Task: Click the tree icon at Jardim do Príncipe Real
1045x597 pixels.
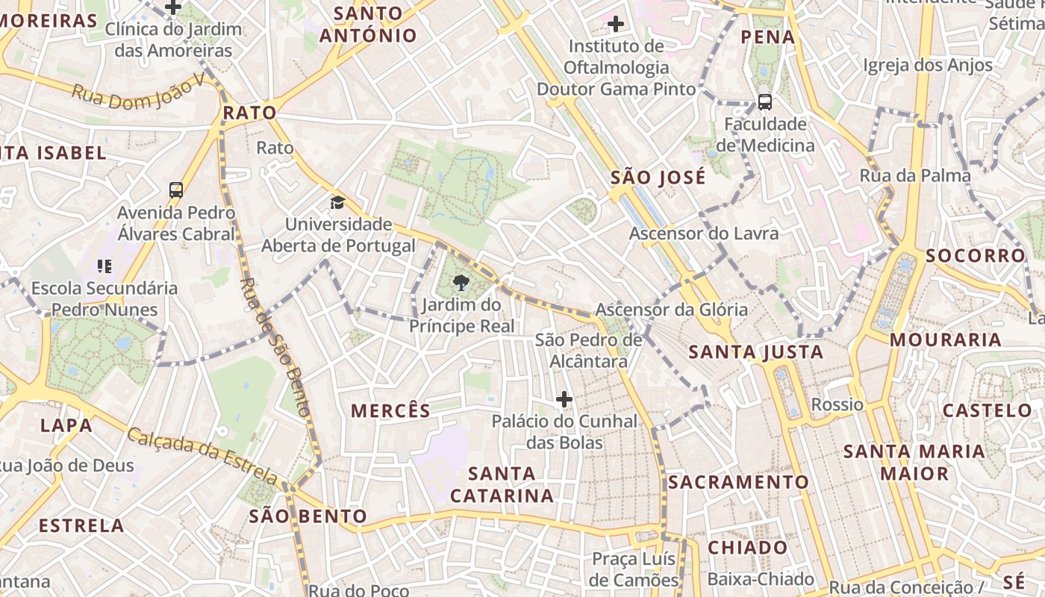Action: coord(461,283)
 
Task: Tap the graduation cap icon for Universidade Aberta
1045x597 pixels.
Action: coord(338,202)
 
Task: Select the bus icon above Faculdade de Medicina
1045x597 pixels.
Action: coord(764,102)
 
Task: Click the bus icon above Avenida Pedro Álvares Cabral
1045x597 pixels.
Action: coord(176,190)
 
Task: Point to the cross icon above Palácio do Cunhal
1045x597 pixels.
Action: coord(564,400)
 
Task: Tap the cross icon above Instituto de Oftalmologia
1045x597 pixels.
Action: coord(616,25)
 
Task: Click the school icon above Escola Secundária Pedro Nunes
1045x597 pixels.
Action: coord(104,266)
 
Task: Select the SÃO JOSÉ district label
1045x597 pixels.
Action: coord(658,178)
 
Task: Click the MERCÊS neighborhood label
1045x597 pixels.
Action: coord(390,410)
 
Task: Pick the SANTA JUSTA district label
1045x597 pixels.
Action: coord(755,351)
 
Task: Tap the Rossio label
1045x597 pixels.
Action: coord(837,404)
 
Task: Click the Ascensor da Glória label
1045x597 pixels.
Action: coord(671,310)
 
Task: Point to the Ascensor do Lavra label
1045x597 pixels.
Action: coord(703,234)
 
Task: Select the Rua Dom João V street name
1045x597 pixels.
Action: coord(138,93)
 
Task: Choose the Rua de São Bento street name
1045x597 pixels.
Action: coord(274,346)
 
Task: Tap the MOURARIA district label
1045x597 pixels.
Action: coord(945,340)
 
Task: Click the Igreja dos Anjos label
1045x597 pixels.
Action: coord(928,65)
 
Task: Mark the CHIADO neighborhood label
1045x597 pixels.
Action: coord(747,548)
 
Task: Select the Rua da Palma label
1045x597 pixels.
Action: coord(915,175)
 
